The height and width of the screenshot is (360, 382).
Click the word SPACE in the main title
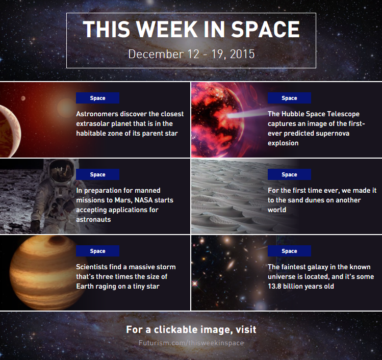265,29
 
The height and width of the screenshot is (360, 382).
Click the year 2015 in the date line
242,54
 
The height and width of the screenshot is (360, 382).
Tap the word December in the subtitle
156,54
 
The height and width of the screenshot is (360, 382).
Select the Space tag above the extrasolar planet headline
98,98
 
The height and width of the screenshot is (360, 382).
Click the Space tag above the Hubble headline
289,98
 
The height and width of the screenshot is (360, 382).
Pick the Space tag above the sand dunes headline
289,174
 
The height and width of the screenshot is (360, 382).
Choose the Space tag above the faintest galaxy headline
289,251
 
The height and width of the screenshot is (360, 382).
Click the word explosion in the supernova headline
283,143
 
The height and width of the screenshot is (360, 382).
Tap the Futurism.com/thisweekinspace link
191,343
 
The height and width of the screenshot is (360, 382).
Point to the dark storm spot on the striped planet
57,240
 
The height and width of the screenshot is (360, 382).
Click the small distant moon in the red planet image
23,98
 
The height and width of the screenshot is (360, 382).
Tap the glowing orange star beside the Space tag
66,108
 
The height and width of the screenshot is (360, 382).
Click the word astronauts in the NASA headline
93,220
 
